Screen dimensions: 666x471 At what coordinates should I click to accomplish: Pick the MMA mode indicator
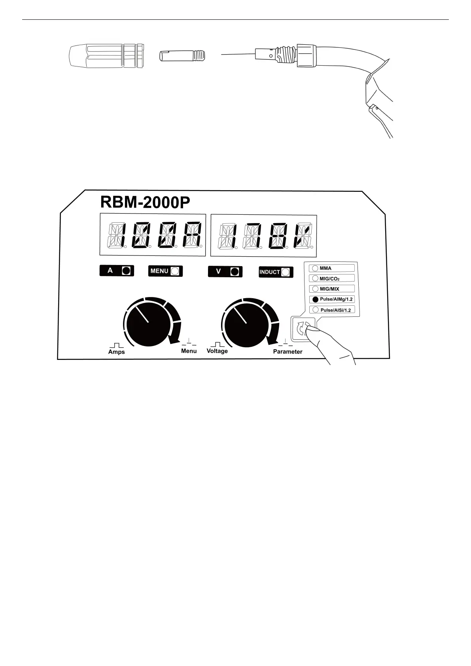click(315, 268)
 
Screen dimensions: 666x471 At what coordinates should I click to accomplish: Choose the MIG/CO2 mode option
click(315, 278)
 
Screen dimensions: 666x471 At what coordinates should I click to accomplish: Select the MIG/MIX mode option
click(315, 289)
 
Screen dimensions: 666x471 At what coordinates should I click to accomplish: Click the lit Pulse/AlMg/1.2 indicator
click(315, 299)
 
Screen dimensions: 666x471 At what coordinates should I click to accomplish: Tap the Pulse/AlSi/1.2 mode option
click(315, 310)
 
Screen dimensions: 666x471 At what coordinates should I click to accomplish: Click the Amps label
click(116, 352)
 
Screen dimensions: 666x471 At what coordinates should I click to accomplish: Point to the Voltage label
click(217, 351)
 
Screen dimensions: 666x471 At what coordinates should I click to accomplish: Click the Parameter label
click(288, 352)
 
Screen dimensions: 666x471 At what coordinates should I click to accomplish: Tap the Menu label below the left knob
click(189, 351)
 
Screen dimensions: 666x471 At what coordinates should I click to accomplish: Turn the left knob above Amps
click(149, 323)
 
